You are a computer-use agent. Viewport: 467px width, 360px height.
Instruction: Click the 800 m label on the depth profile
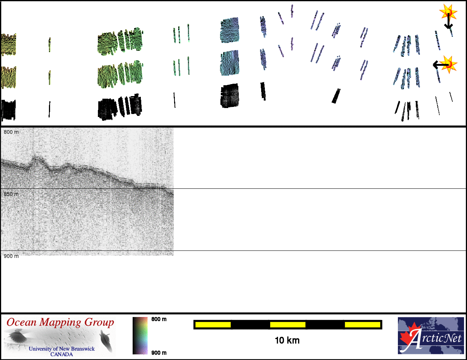(x=11, y=132)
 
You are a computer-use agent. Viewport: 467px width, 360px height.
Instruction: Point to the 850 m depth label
(x=11, y=194)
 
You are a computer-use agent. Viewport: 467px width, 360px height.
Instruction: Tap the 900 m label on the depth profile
(x=11, y=256)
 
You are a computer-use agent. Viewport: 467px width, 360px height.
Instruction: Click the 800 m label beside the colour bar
(x=159, y=319)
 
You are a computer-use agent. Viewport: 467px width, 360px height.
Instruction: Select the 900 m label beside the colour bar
(x=159, y=353)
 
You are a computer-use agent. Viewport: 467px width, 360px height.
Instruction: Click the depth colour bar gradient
(x=140, y=335)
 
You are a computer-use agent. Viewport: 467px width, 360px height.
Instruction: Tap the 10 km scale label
(x=287, y=341)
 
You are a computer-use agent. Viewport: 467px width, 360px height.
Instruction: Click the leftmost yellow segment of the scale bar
(x=213, y=324)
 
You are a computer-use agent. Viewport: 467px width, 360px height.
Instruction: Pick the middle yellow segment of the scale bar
(x=288, y=324)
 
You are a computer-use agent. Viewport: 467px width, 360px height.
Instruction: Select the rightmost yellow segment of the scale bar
(x=362, y=324)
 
